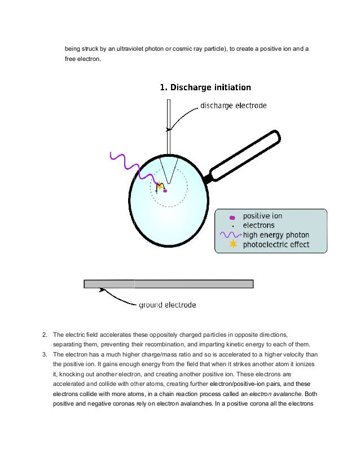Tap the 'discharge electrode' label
coord(234,105)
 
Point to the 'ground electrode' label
coord(168,305)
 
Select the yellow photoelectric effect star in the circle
coord(160,185)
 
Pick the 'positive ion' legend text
coord(262,216)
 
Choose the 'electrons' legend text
coord(258,225)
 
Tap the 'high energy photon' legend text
coord(276,235)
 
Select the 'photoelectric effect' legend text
coord(276,244)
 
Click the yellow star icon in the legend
coord(232,244)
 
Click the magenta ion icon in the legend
coord(232,217)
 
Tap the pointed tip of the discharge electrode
coord(168,182)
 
